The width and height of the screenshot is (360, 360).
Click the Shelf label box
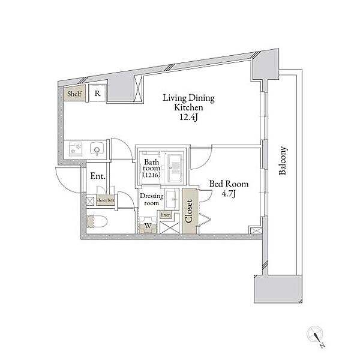click(74, 94)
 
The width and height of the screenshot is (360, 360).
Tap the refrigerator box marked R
click(96, 94)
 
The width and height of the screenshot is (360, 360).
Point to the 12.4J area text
click(190, 118)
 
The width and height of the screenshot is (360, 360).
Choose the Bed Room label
click(227, 184)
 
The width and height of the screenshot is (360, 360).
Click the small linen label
click(166, 215)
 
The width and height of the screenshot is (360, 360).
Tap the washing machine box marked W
click(148, 226)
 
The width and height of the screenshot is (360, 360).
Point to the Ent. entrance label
click(98, 176)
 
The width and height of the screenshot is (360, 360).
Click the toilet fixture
click(98, 220)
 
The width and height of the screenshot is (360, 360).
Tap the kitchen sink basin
click(97, 149)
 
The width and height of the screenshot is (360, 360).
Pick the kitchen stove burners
click(75, 149)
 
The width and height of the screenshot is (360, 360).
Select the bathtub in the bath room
click(175, 168)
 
